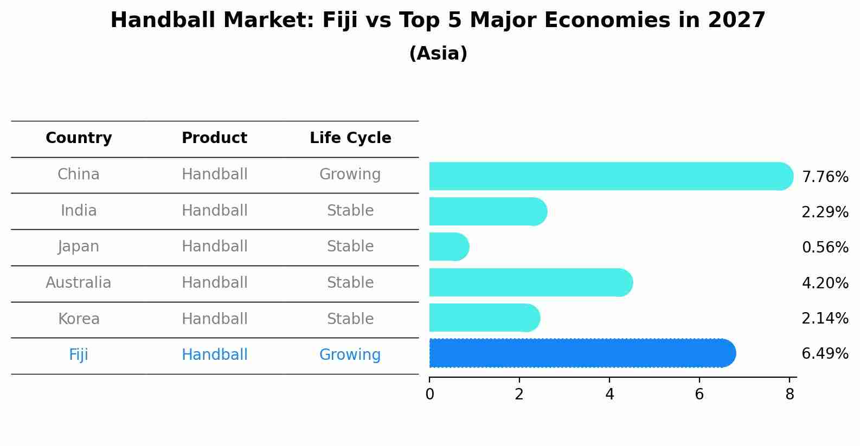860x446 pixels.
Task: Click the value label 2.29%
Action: coord(825,212)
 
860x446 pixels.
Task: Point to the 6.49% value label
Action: coord(825,354)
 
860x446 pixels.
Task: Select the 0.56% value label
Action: coord(825,248)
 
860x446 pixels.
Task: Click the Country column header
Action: coord(79,138)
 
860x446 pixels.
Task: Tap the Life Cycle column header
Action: coord(350,138)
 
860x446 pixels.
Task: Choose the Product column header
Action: coord(214,138)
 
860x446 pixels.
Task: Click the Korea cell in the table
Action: coord(79,319)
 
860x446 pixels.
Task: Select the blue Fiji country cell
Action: coord(79,355)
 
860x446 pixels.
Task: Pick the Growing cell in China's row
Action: coord(350,174)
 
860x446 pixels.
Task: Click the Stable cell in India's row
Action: coord(350,211)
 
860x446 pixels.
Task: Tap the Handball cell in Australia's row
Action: coord(214,283)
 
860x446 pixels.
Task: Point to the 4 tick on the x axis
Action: coord(609,394)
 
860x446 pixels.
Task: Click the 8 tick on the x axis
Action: coord(790,394)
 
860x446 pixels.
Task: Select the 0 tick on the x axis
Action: coord(429,394)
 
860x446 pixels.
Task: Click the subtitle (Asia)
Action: coord(438,54)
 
